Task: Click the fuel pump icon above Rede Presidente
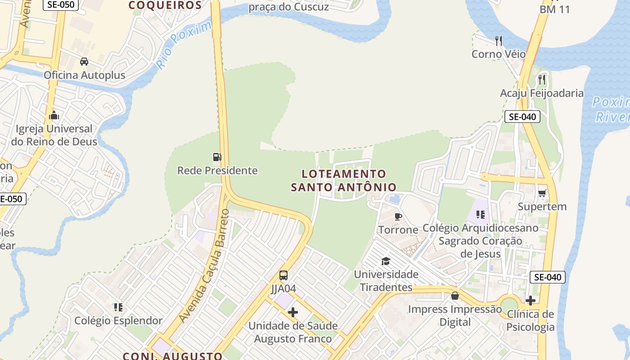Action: pos(217,157)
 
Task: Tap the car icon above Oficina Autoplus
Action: pos(84,62)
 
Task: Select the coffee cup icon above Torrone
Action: pos(398,216)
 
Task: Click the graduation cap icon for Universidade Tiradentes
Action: pos(386,261)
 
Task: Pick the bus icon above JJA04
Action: pos(283,275)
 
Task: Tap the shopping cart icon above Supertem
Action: pos(542,193)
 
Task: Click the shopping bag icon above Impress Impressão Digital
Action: pos(455,296)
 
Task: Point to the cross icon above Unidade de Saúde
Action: pos(293,312)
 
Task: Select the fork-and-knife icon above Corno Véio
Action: pos(498,41)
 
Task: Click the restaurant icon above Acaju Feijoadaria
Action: pos(542,80)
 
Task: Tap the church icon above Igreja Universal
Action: pos(54,116)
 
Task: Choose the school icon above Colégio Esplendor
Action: pos(118,307)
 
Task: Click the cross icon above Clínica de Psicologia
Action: pos(531,300)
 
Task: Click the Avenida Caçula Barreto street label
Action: pos(204,265)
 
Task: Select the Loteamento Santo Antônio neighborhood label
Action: pos(344,180)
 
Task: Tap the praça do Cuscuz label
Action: pos(288,7)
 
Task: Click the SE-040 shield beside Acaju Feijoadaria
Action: pos(522,117)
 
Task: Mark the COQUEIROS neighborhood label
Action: pos(165,5)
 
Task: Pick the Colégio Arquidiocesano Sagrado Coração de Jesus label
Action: pos(480,241)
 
